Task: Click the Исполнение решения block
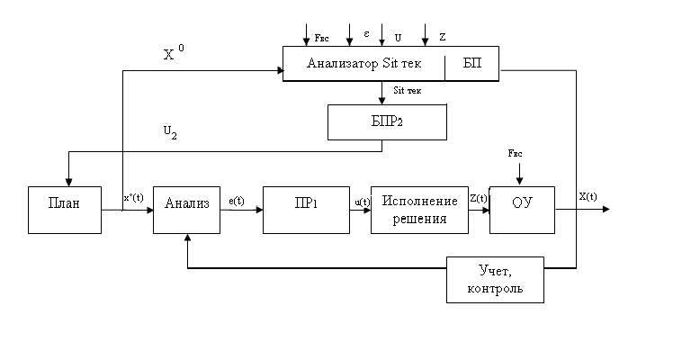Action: click(420, 209)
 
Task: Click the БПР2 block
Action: click(387, 121)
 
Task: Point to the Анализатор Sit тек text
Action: click(363, 64)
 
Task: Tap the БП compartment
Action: click(472, 64)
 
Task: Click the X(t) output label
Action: click(588, 197)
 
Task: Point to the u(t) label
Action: click(363, 202)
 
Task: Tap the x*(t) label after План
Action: click(133, 198)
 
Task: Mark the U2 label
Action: click(169, 131)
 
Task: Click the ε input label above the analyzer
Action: click(367, 32)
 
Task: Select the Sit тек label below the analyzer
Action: click(407, 90)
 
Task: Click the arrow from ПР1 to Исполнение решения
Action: click(361, 210)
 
